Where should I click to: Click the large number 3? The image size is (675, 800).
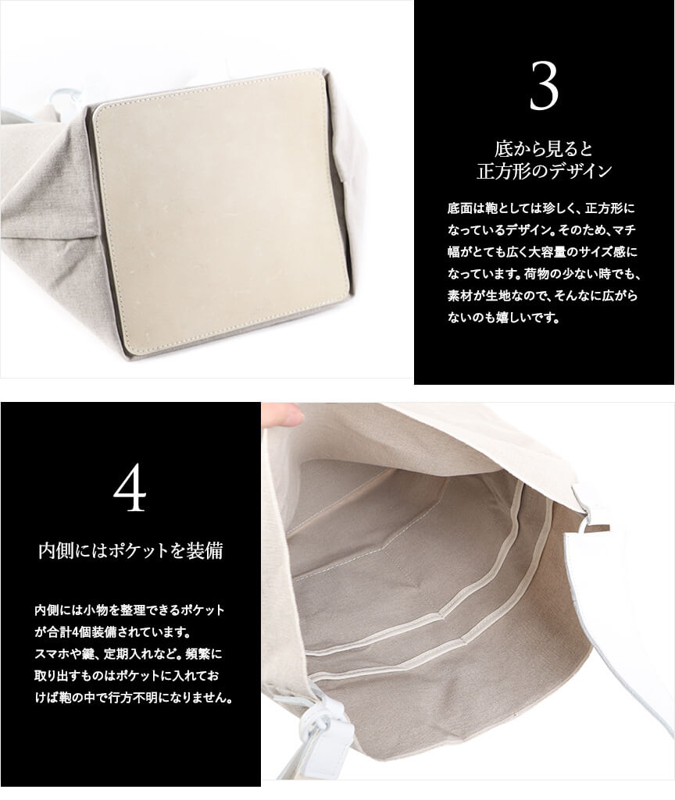[544, 86]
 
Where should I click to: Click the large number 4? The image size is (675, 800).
[130, 489]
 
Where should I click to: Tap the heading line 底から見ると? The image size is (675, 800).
[544, 149]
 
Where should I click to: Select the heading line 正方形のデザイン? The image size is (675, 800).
[544, 172]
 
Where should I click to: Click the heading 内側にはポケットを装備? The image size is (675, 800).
[130, 551]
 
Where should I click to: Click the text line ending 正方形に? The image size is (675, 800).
[541, 208]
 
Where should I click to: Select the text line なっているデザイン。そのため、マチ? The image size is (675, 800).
[541, 230]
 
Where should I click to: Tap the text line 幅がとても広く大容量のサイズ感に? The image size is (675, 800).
[543, 252]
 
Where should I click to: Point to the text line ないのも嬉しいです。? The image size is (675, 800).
[504, 318]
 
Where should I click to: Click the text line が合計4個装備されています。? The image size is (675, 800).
[112, 633]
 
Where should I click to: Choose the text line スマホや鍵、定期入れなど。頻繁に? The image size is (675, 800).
[129, 655]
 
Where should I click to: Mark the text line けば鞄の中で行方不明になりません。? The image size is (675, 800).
[134, 699]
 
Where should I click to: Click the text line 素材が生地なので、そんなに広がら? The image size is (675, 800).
[543, 296]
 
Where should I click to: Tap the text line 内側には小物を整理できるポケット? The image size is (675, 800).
[130, 610]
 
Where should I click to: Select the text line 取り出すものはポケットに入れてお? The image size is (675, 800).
[127, 677]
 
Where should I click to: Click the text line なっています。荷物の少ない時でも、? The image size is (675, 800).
[545, 274]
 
